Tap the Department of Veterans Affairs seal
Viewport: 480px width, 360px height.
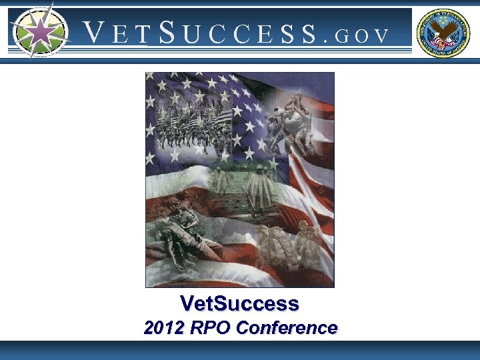click(443, 33)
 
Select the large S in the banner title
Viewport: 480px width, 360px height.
click(167, 32)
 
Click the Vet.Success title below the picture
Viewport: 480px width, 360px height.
click(239, 304)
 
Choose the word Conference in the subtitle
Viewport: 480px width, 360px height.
click(287, 328)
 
